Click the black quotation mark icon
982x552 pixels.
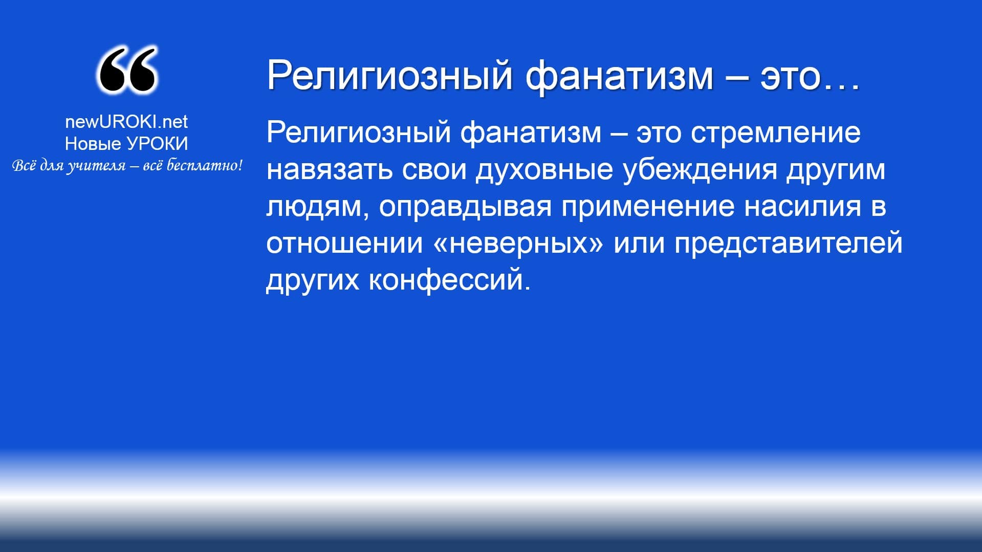point(126,70)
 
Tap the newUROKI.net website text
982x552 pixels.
point(126,121)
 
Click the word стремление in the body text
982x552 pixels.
point(775,133)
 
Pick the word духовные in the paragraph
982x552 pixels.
point(544,169)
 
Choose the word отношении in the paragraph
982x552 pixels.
point(344,244)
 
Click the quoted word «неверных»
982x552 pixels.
point(518,244)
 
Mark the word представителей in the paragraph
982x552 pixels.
point(788,244)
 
